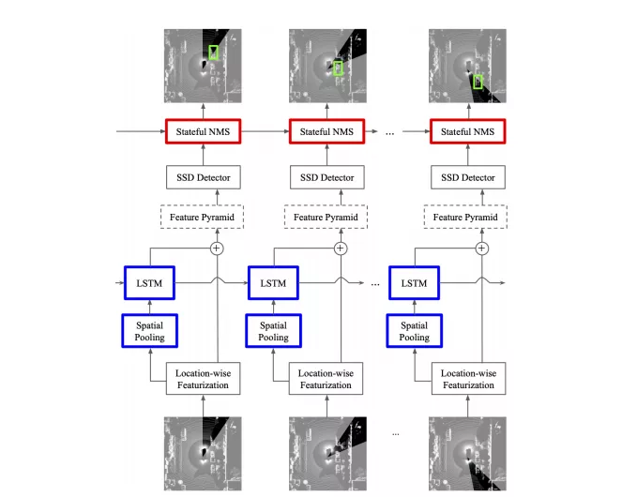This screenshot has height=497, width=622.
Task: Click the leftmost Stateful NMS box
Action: click(x=203, y=132)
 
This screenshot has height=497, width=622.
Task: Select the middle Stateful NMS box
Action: click(x=326, y=132)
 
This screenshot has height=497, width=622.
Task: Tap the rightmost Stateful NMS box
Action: click(x=467, y=132)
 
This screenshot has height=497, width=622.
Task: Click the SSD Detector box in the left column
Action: click(x=203, y=176)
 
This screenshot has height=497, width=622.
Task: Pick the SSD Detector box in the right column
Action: click(x=467, y=176)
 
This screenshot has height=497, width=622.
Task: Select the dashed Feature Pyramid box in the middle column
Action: click(x=326, y=218)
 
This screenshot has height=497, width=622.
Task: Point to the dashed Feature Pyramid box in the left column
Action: click(x=203, y=218)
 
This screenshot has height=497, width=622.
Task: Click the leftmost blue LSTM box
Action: click(x=149, y=282)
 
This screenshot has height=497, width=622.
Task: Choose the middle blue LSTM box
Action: click(x=273, y=282)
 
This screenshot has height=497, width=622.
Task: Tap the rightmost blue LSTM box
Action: click(x=415, y=282)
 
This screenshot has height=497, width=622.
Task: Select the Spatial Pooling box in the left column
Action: click(x=149, y=329)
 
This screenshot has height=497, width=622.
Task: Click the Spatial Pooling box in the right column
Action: click(x=415, y=329)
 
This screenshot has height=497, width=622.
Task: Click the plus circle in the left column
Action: click(x=217, y=248)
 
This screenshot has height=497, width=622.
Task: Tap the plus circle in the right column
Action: click(x=482, y=248)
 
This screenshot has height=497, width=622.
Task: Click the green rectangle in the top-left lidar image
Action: click(x=214, y=53)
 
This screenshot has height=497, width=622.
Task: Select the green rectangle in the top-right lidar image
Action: click(x=478, y=81)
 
